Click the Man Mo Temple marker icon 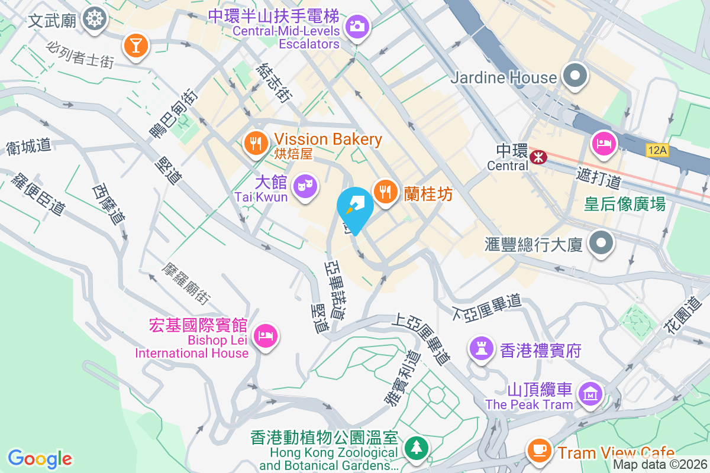(x=93, y=19)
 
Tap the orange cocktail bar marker (x=135, y=46)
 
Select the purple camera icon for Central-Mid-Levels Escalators (x=356, y=26)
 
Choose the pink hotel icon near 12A (x=604, y=144)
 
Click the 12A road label (x=657, y=151)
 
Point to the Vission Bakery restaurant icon (x=256, y=142)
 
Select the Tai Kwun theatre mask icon (x=305, y=186)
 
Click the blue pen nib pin (x=355, y=208)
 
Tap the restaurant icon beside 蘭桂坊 (x=386, y=191)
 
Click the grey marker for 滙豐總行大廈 (x=601, y=242)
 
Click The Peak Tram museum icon (x=590, y=393)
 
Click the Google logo (x=40, y=459)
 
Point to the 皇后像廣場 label (x=624, y=204)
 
